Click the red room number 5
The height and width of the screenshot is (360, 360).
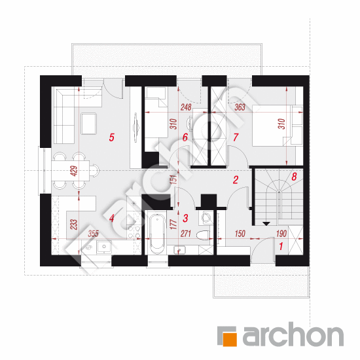pos(111,137)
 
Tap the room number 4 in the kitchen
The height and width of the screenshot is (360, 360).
pos(111,218)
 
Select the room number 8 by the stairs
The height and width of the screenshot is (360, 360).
pos(294,177)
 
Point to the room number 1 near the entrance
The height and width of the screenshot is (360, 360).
pos(281,246)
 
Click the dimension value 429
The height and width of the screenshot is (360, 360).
pos(75,171)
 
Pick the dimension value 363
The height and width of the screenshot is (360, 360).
pos(240,107)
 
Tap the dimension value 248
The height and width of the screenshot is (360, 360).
pos(186,107)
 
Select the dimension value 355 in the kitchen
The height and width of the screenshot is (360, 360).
pos(93,234)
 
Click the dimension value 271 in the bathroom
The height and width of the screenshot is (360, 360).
pos(185,234)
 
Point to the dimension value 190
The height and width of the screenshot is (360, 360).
pos(281,234)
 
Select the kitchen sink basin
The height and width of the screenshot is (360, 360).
pos(104,247)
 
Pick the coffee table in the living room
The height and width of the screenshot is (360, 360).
pos(89,123)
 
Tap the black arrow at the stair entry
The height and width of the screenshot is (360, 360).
pos(266,224)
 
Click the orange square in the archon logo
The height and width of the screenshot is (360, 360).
pos(230,339)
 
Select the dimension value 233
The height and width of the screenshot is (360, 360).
pos(75,225)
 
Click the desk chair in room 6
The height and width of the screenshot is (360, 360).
pos(190,124)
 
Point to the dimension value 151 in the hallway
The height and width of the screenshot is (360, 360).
pos(174,179)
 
